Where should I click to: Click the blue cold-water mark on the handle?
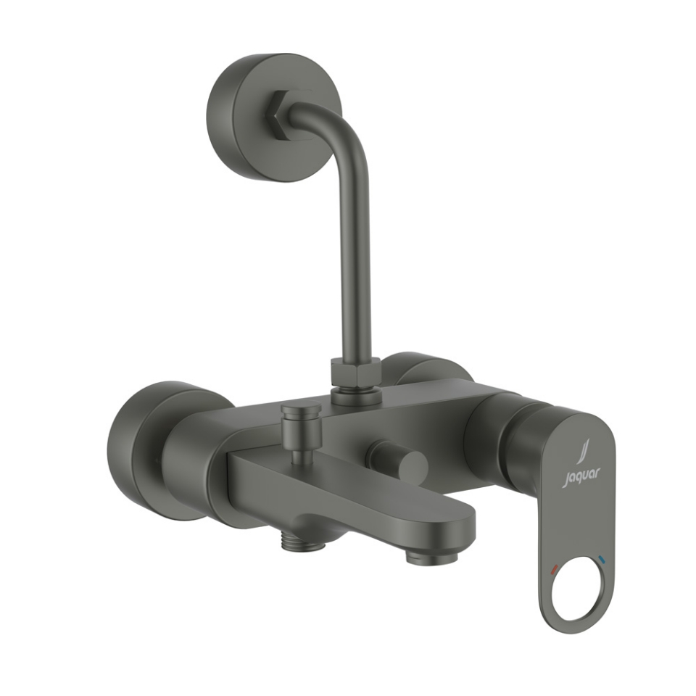coord(602,560)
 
